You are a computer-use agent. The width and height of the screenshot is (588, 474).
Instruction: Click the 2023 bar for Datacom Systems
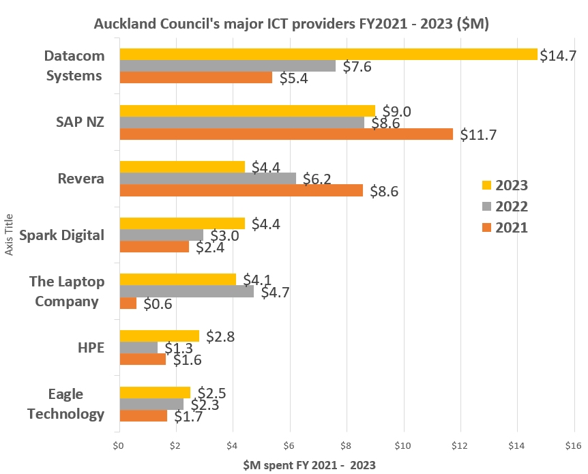tap(328, 55)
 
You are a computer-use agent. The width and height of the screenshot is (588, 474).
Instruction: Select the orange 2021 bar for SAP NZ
tap(286, 134)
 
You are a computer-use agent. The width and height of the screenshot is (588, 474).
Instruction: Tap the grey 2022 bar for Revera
tap(207, 179)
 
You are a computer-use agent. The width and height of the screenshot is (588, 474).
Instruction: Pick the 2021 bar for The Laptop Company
tap(128, 303)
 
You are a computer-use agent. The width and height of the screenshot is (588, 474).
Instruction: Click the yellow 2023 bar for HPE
tap(159, 336)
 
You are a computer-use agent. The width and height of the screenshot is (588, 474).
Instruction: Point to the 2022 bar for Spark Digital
tap(161, 235)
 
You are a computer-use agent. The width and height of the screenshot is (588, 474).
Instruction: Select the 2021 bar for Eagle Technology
tap(143, 415)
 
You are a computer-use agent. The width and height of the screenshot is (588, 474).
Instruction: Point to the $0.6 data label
tap(157, 304)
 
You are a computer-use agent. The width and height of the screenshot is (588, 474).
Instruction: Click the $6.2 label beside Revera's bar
tap(317, 179)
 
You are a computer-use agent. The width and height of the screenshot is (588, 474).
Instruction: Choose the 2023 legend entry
tap(504, 185)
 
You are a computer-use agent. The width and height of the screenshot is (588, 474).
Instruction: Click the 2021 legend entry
tap(504, 227)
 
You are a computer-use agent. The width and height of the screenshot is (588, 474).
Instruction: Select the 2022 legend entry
tap(504, 206)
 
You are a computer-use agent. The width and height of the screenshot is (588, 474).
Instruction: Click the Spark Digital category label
tap(61, 235)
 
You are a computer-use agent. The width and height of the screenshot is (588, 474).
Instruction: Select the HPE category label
tap(91, 348)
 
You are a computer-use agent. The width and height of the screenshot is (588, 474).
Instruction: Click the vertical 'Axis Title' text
tap(10, 235)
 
